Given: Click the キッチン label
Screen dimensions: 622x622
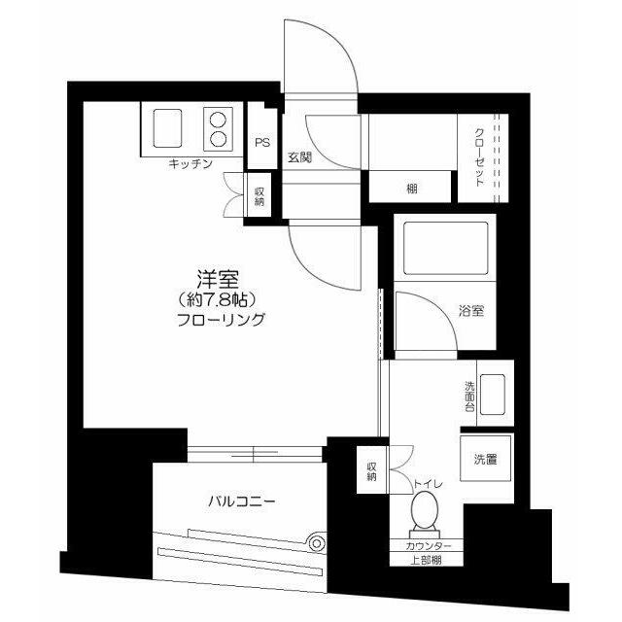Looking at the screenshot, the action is (x=190, y=164).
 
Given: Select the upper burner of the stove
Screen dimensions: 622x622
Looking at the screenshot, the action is (x=218, y=120).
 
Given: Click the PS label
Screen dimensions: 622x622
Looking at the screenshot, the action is (x=262, y=143).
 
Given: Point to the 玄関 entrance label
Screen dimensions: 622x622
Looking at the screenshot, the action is (x=300, y=157).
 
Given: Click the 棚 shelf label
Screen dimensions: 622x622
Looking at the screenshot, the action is (x=412, y=189).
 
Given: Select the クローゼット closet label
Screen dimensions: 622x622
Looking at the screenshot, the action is (x=479, y=157).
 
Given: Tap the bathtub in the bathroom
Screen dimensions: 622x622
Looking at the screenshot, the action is (x=445, y=249).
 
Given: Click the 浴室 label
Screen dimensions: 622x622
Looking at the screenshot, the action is (x=471, y=311).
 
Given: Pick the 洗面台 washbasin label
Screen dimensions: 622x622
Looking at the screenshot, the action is (x=469, y=397).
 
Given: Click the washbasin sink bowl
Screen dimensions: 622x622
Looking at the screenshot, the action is (x=493, y=395).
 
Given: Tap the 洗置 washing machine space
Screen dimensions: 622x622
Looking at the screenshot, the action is (x=486, y=459).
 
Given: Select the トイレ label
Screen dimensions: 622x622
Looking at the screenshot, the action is (x=428, y=484).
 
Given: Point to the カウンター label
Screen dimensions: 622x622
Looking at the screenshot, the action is (x=428, y=546).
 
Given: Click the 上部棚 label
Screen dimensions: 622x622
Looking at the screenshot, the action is (x=426, y=560).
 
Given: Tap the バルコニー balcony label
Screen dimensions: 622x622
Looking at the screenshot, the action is (x=242, y=501).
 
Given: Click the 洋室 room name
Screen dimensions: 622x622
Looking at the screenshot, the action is (x=218, y=279).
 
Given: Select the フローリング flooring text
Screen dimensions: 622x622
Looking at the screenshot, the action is (x=221, y=320).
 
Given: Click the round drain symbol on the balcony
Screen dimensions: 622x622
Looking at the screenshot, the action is (x=317, y=543).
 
